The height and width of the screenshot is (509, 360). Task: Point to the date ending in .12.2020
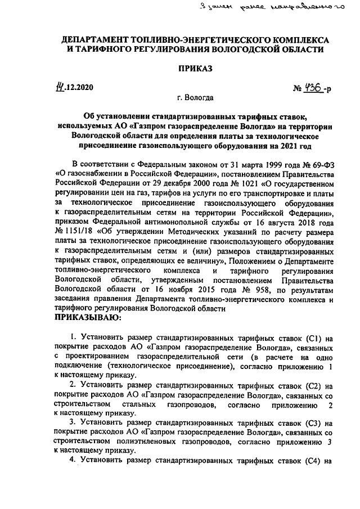coord(73,88)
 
